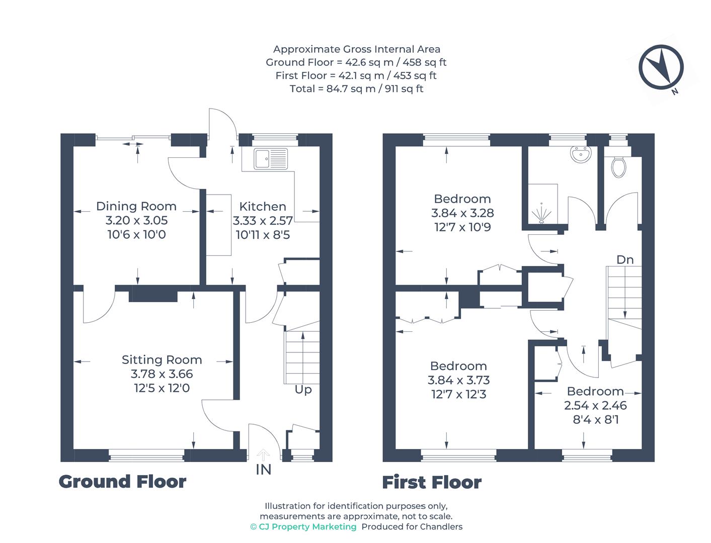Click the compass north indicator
click(x=661, y=67)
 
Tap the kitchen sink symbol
click(x=271, y=158)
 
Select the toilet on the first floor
click(x=617, y=166)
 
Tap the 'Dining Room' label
click(x=136, y=206)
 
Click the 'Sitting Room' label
click(x=162, y=360)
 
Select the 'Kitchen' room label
click(x=262, y=207)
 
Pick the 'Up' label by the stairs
click(x=303, y=390)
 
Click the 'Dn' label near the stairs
click(x=625, y=260)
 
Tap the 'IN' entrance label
click(x=263, y=470)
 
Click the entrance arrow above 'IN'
click(x=263, y=455)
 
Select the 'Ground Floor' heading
click(x=122, y=482)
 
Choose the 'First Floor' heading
click(x=432, y=483)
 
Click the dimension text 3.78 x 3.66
click(x=162, y=374)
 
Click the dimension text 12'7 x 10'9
click(x=462, y=227)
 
